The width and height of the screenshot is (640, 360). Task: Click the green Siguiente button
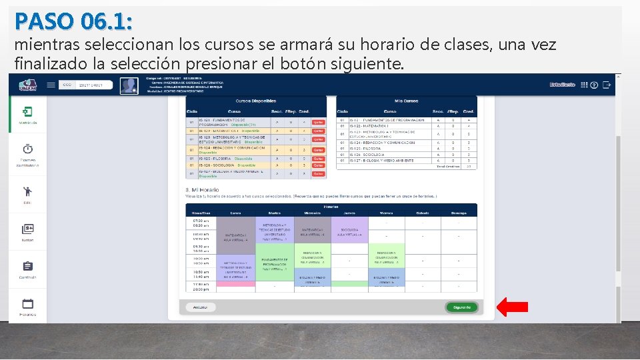pos(461,307)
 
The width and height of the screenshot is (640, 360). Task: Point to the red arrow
pos(513,307)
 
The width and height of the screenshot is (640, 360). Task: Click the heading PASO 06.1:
pos(73,21)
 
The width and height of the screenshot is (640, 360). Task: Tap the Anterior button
pos(200,307)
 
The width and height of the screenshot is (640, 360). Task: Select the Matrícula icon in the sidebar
pos(28,112)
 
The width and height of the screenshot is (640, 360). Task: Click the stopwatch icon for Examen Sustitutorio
pos(28,149)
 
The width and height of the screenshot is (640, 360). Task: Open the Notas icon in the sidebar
pos(28,229)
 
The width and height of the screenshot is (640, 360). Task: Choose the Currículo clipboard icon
pos(28,266)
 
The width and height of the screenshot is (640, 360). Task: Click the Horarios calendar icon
pos(28,303)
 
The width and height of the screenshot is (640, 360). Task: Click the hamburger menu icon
pos(51,85)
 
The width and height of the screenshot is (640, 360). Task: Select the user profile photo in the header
pos(129,85)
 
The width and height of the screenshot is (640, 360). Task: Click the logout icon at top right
pos(607,85)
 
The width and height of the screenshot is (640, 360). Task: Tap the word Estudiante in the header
pos(562,85)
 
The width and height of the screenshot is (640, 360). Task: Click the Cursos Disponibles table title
pos(256,101)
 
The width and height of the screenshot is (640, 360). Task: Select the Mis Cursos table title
pos(406,101)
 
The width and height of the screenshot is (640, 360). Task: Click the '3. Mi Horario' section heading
pos(201,189)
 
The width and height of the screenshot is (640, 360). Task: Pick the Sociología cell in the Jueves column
pos(349,232)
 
